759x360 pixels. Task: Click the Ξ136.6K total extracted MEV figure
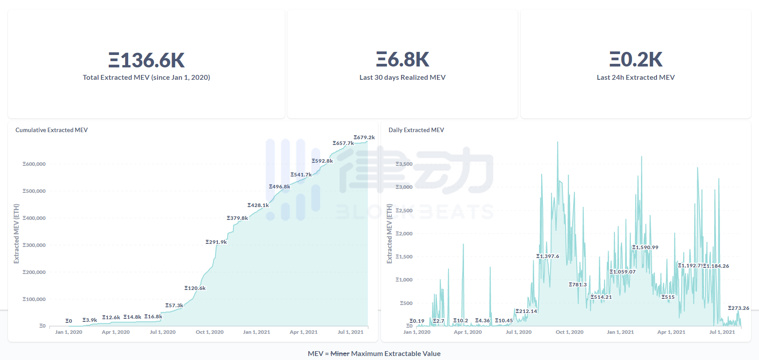146,60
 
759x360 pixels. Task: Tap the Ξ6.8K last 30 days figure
402,59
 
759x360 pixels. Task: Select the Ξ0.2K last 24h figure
635,59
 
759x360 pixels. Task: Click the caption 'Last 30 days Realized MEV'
402,78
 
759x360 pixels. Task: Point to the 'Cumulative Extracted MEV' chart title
51,130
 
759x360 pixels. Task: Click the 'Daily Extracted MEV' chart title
416,130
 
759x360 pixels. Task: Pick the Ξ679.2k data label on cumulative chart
364,137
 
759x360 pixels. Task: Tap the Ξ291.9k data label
216,242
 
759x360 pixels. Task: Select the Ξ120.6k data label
195,288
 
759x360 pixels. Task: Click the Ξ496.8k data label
279,187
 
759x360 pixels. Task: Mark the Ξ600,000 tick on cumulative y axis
34,164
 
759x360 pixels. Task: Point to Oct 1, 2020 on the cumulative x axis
209,332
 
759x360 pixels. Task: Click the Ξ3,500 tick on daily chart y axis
404,164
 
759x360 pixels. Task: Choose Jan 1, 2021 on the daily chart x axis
620,332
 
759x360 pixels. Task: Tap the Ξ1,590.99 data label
645,247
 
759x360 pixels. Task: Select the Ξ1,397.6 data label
548,256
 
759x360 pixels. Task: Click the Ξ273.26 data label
739,308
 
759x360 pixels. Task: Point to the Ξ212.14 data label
526,311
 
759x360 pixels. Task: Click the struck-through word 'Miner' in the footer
340,354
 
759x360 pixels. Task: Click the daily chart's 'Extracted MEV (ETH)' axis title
389,234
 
